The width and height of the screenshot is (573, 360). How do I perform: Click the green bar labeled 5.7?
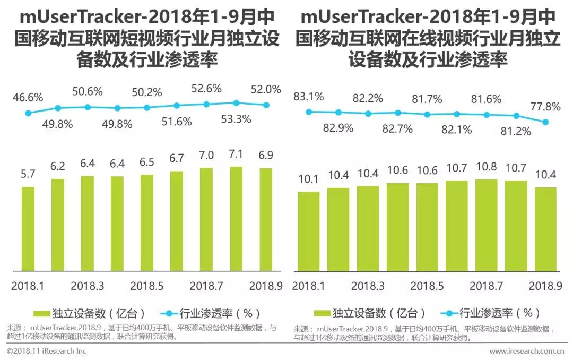[28, 229]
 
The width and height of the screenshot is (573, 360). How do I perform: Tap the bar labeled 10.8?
[487, 225]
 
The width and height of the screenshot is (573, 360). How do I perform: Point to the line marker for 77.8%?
[546, 122]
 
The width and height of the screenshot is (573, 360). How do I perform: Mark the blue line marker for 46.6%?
[28, 113]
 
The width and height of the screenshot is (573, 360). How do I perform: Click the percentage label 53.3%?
[236, 119]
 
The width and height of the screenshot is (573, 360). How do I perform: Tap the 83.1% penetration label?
[309, 97]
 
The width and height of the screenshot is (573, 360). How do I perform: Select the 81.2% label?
[516, 131]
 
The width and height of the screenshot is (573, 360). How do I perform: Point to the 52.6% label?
[206, 89]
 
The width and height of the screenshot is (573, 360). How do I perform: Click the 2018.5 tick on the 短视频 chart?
[147, 285]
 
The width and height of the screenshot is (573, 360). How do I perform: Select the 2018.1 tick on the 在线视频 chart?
[309, 285]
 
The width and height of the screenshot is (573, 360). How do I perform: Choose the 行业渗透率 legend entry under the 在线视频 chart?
[487, 313]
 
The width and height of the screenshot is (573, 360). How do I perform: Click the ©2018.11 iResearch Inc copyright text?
[47, 351]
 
